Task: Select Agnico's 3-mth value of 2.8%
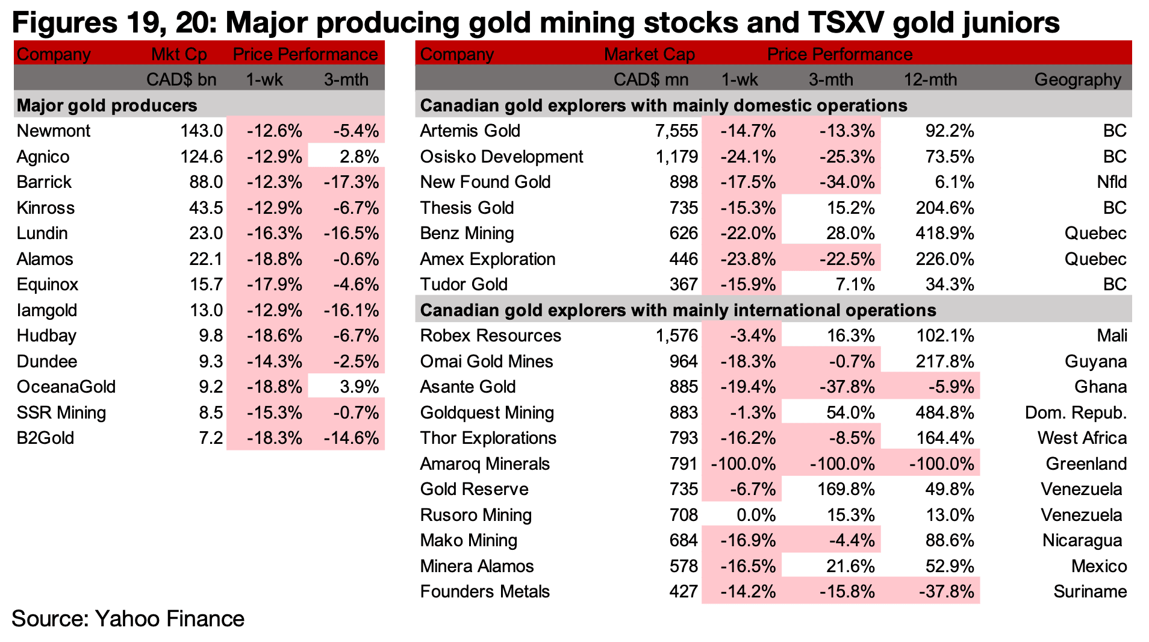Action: [359, 157]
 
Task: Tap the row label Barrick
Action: [44, 182]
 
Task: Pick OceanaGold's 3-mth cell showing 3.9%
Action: [359, 387]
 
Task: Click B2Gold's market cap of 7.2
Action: [211, 438]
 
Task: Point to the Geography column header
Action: [1077, 79]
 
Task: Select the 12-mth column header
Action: [930, 79]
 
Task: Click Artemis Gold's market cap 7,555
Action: [676, 131]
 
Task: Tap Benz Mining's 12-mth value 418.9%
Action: [944, 233]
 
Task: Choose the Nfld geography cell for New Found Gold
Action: [1112, 182]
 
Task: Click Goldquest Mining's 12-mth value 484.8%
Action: [944, 413]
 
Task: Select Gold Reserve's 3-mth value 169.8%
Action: [845, 489]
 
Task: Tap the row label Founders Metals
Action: [485, 591]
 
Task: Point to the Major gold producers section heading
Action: [107, 105]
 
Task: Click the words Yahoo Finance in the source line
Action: [169, 619]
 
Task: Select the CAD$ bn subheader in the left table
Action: [181, 79]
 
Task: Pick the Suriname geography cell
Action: [1089, 591]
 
